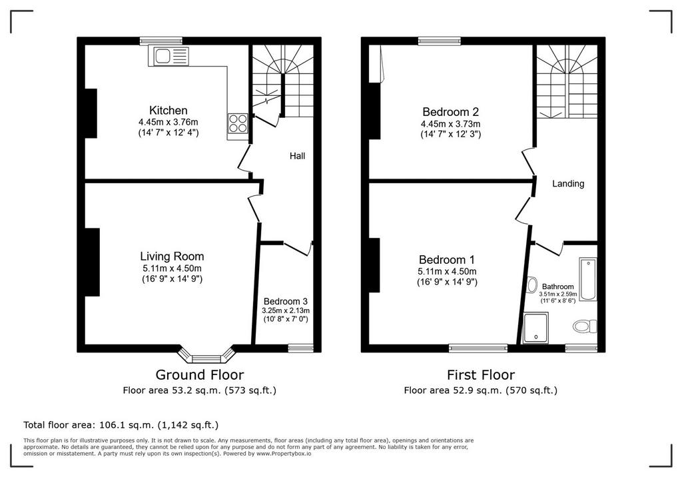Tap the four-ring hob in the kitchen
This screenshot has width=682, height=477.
click(x=238, y=123)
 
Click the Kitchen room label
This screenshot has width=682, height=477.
click(x=169, y=110)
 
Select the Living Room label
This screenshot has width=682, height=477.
click(x=172, y=256)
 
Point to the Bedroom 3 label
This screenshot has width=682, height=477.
click(x=285, y=301)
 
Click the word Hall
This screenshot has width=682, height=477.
click(x=298, y=156)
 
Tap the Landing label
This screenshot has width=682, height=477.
click(x=568, y=184)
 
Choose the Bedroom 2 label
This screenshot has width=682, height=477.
click(x=451, y=112)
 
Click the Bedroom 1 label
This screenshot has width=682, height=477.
click(x=447, y=260)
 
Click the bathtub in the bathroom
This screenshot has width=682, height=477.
click(x=587, y=279)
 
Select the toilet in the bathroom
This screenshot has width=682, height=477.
click(x=585, y=326)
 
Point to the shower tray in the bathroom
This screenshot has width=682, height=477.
click(x=536, y=327)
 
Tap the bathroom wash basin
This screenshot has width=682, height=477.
click(x=531, y=286)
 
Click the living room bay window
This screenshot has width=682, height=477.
click(x=206, y=354)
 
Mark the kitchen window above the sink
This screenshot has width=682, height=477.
click(x=161, y=41)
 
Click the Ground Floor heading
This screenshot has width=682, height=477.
click(x=200, y=374)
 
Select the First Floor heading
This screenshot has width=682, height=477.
click(x=481, y=374)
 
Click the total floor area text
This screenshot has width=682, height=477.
click(x=121, y=425)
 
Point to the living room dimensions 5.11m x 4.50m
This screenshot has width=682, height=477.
click(x=172, y=268)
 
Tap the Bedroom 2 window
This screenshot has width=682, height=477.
click(x=440, y=41)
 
